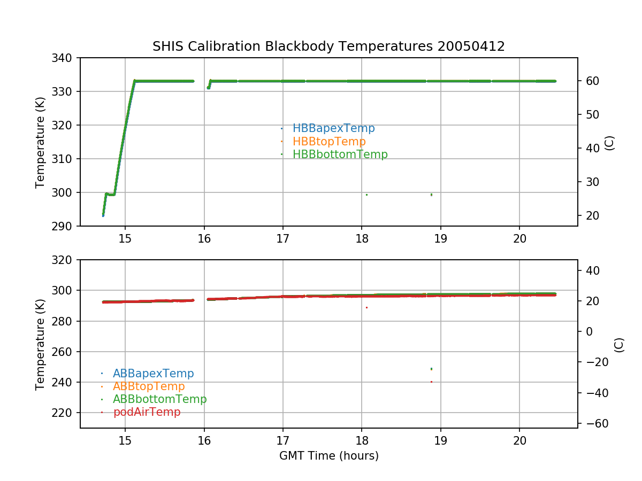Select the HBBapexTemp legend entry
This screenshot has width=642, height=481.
pyautogui.click(x=333, y=128)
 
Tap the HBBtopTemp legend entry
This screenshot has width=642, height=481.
pyautogui.click(x=329, y=142)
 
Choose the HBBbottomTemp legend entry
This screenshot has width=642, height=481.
pyautogui.click(x=340, y=154)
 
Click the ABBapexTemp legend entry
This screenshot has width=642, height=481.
pyautogui.click(x=153, y=373)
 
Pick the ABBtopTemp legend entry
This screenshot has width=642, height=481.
pyautogui.click(x=149, y=386)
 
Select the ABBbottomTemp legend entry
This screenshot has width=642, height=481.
pyautogui.click(x=159, y=399)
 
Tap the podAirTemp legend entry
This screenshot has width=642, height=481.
pyautogui.click(x=147, y=412)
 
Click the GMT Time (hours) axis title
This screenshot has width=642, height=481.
pyautogui.click(x=328, y=456)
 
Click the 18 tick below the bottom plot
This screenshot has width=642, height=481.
pyautogui.click(x=362, y=440)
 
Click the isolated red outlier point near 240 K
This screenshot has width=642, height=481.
pyautogui.click(x=431, y=382)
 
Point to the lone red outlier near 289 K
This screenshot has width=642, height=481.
pyautogui.click(x=366, y=307)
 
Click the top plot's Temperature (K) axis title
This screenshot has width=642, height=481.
pyautogui.click(x=40, y=142)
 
